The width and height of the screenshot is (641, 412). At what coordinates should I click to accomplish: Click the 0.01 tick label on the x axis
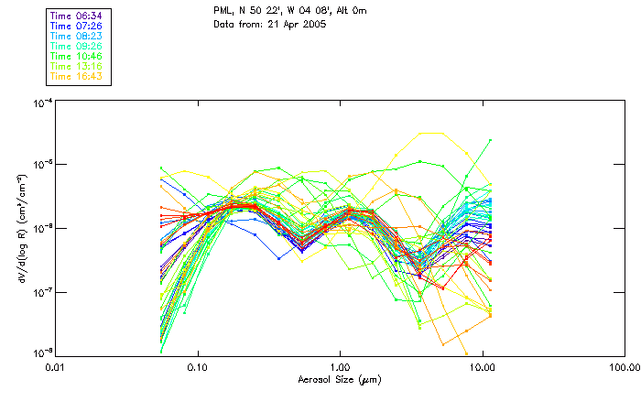[56, 366]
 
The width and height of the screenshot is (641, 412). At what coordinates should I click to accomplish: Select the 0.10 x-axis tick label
[198, 366]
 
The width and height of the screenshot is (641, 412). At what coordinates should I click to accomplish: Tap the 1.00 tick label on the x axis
[341, 366]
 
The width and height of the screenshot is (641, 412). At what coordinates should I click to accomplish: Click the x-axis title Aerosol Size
[340, 379]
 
